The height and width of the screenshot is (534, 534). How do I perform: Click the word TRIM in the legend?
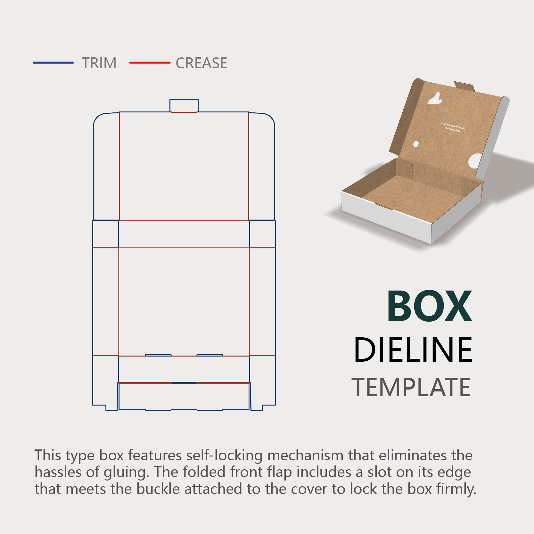click(x=99, y=63)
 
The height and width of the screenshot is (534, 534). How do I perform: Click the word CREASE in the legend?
click(x=201, y=63)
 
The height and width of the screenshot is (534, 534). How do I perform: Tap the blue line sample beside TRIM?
click(x=53, y=63)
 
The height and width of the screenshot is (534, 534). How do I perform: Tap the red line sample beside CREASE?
click(x=150, y=63)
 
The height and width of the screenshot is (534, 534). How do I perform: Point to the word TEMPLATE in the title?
click(x=411, y=387)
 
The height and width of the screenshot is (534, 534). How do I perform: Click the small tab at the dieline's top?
click(x=184, y=105)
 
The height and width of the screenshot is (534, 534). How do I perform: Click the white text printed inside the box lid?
click(x=453, y=127)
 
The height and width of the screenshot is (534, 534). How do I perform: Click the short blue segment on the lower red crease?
click(x=184, y=383)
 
